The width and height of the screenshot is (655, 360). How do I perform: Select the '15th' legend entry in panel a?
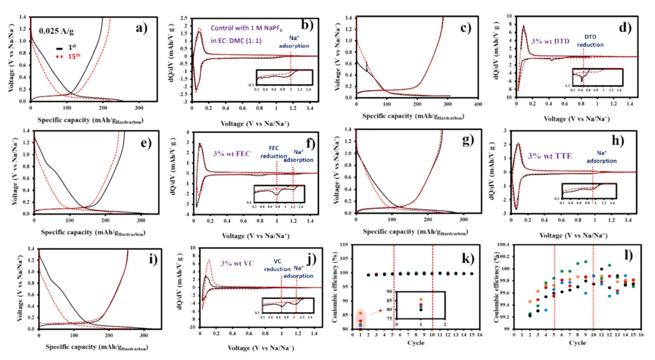[x=74, y=56]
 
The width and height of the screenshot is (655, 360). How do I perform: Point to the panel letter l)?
[x=636, y=256]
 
